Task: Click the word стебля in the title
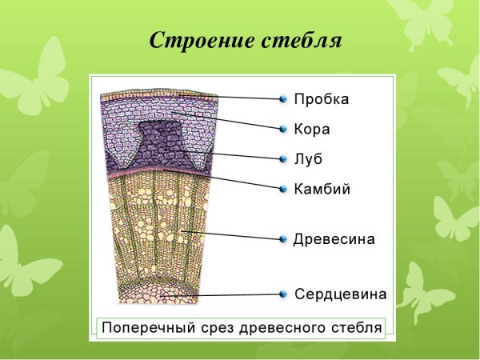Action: pyautogui.click(x=302, y=41)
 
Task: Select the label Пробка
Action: pyautogui.click(x=321, y=99)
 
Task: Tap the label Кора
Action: pyautogui.click(x=311, y=129)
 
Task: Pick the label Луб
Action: pyautogui.click(x=307, y=158)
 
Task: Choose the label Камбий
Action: pyautogui.click(x=322, y=190)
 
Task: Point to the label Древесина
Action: pyautogui.click(x=334, y=238)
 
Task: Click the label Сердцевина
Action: pyautogui.click(x=340, y=294)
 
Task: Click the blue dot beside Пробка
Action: pyautogui.click(x=283, y=99)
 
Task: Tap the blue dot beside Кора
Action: pyautogui.click(x=283, y=129)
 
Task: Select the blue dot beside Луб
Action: pyautogui.click(x=283, y=158)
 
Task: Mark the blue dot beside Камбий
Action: pyautogui.click(x=283, y=190)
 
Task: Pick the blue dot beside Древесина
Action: pyautogui.click(x=283, y=238)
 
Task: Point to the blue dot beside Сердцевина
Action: pyautogui.click(x=283, y=294)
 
